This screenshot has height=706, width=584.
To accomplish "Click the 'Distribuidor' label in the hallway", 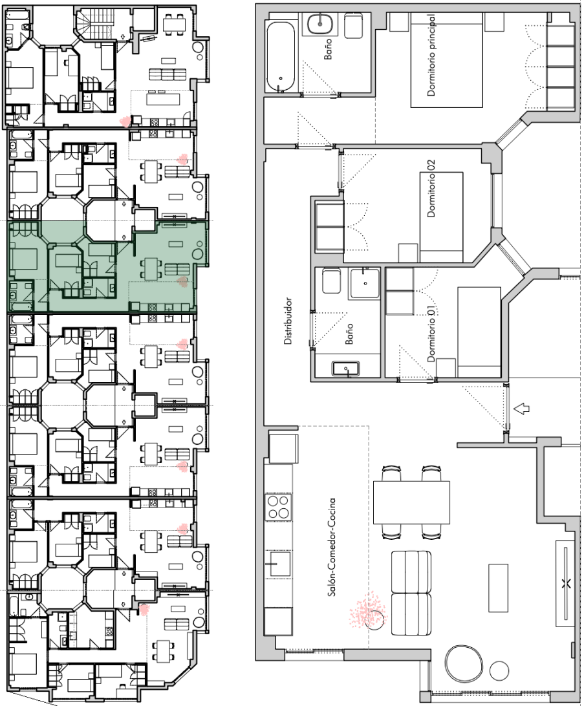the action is pos(288,321).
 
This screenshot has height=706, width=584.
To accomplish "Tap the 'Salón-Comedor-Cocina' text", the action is pos(332,547).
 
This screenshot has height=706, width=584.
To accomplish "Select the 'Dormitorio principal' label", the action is pos(431,55).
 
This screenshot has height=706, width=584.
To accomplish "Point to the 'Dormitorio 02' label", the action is pos(431,189).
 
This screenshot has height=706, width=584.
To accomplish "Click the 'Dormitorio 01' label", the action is pos(431,334).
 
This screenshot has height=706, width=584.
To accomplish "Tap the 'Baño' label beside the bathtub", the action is pos(328,48).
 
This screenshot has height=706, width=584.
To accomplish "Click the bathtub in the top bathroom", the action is pos(281,57).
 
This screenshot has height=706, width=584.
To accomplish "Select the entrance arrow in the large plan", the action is pos(521,409).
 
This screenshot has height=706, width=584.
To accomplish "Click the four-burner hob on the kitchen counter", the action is pos(278,506).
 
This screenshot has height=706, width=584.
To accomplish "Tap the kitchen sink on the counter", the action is pos(277,563).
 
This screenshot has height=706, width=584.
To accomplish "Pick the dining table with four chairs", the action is pos(411,502).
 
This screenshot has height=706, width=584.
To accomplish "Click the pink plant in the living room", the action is pos(367,612).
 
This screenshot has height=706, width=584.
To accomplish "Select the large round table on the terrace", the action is pos(464,664).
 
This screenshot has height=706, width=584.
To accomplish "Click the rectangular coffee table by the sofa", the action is pos(499,588).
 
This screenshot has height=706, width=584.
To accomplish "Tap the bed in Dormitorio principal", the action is pos(447,60).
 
